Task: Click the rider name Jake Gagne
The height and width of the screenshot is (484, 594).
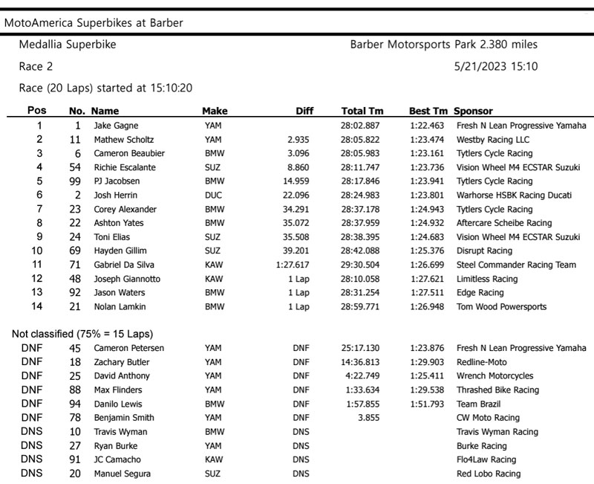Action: point(116,126)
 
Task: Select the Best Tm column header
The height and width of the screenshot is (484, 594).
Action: point(428,111)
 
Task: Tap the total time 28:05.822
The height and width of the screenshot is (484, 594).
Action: point(360,140)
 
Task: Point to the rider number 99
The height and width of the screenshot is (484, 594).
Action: point(75,181)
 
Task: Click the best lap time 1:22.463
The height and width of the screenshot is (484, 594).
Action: point(427,126)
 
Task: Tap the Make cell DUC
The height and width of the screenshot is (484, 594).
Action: point(212,196)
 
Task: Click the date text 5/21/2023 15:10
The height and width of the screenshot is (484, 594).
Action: point(495,67)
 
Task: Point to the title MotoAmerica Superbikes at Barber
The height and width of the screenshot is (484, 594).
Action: point(94,22)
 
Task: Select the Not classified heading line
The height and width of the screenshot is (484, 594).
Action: point(83,333)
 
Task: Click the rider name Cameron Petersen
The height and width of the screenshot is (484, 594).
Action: point(129,348)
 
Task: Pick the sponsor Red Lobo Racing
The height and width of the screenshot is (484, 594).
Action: point(488,474)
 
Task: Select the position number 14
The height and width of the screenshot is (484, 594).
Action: point(39,306)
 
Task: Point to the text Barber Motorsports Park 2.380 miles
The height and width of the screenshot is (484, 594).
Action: point(443,45)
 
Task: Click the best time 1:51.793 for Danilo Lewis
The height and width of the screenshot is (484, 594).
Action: point(427,404)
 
